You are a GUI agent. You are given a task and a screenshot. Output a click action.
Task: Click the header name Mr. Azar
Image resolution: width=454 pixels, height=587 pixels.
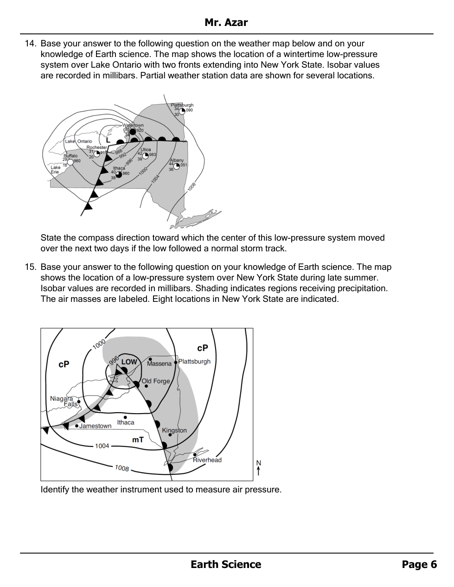tap(226, 22)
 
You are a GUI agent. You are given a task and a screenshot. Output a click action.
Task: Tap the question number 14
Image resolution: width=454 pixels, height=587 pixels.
tap(30, 44)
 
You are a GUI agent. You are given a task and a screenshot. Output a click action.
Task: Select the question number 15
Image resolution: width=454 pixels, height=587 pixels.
tap(30, 267)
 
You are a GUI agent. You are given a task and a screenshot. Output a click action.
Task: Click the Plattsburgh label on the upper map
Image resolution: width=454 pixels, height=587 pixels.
tap(182, 105)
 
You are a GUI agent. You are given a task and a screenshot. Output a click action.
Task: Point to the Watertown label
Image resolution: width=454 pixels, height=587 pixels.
tap(133, 125)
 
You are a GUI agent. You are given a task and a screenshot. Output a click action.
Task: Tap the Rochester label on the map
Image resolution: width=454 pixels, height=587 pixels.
tap(96, 147)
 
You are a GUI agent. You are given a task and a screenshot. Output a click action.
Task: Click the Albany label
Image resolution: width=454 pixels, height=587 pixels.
tap(177, 160)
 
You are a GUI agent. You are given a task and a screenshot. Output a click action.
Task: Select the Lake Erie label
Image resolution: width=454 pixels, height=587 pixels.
tap(55, 170)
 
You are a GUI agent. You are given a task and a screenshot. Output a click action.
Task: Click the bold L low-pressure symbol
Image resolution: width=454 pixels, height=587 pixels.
tap(108, 140)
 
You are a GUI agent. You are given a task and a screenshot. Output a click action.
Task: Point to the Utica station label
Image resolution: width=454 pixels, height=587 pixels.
tap(146, 150)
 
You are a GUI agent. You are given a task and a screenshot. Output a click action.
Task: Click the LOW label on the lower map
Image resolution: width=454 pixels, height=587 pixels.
tap(129, 362)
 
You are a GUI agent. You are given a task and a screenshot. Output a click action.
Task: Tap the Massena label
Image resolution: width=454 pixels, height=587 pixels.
tap(159, 364)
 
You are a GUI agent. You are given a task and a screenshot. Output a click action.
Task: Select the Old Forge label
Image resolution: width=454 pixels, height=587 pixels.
tap(156, 381)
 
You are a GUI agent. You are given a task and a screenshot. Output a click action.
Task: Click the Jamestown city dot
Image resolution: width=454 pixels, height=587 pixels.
tap(77, 426)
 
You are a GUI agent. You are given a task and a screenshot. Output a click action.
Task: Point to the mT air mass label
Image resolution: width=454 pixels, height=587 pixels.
tap(138, 440)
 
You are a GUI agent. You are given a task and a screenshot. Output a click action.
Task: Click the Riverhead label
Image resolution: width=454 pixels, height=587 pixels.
tap(207, 460)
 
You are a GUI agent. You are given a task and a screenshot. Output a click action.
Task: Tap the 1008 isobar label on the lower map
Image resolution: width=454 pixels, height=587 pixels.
tap(122, 468)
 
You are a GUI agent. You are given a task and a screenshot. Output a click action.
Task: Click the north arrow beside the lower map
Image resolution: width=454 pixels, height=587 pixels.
tap(258, 468)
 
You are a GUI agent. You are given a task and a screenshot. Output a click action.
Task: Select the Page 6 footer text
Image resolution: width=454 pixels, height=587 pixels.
tap(419, 564)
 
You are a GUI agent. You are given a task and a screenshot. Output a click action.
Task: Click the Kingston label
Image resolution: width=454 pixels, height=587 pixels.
tap(174, 430)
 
